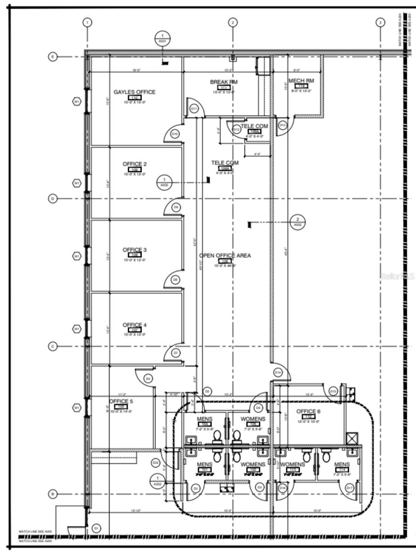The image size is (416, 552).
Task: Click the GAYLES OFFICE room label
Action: tap(134, 92)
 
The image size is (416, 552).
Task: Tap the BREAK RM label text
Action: tap(224, 82)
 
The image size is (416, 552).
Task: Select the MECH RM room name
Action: tap(301, 80)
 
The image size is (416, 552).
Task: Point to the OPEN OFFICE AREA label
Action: tap(225, 255)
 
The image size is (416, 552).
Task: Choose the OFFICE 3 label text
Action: tap(135, 250)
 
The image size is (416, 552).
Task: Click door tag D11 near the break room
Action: tap(194, 109)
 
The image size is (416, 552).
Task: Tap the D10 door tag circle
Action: tap(175, 134)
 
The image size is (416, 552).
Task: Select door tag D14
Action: tap(278, 372)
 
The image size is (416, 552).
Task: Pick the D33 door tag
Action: tap(155, 462)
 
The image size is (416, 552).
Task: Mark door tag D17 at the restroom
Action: tap(349, 488)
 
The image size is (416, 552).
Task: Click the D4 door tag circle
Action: tap(148, 379)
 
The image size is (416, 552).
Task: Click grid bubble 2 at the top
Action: tap(233, 22)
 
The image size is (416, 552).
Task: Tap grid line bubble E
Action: tap(53, 57)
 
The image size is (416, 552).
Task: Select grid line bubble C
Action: tap(53, 346)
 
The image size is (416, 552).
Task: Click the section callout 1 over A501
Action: tap(162, 38)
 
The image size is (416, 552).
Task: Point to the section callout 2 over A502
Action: tap(298, 222)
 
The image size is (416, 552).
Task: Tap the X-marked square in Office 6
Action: tap(352, 437)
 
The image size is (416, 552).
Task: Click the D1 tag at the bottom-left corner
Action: tap(96, 528)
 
